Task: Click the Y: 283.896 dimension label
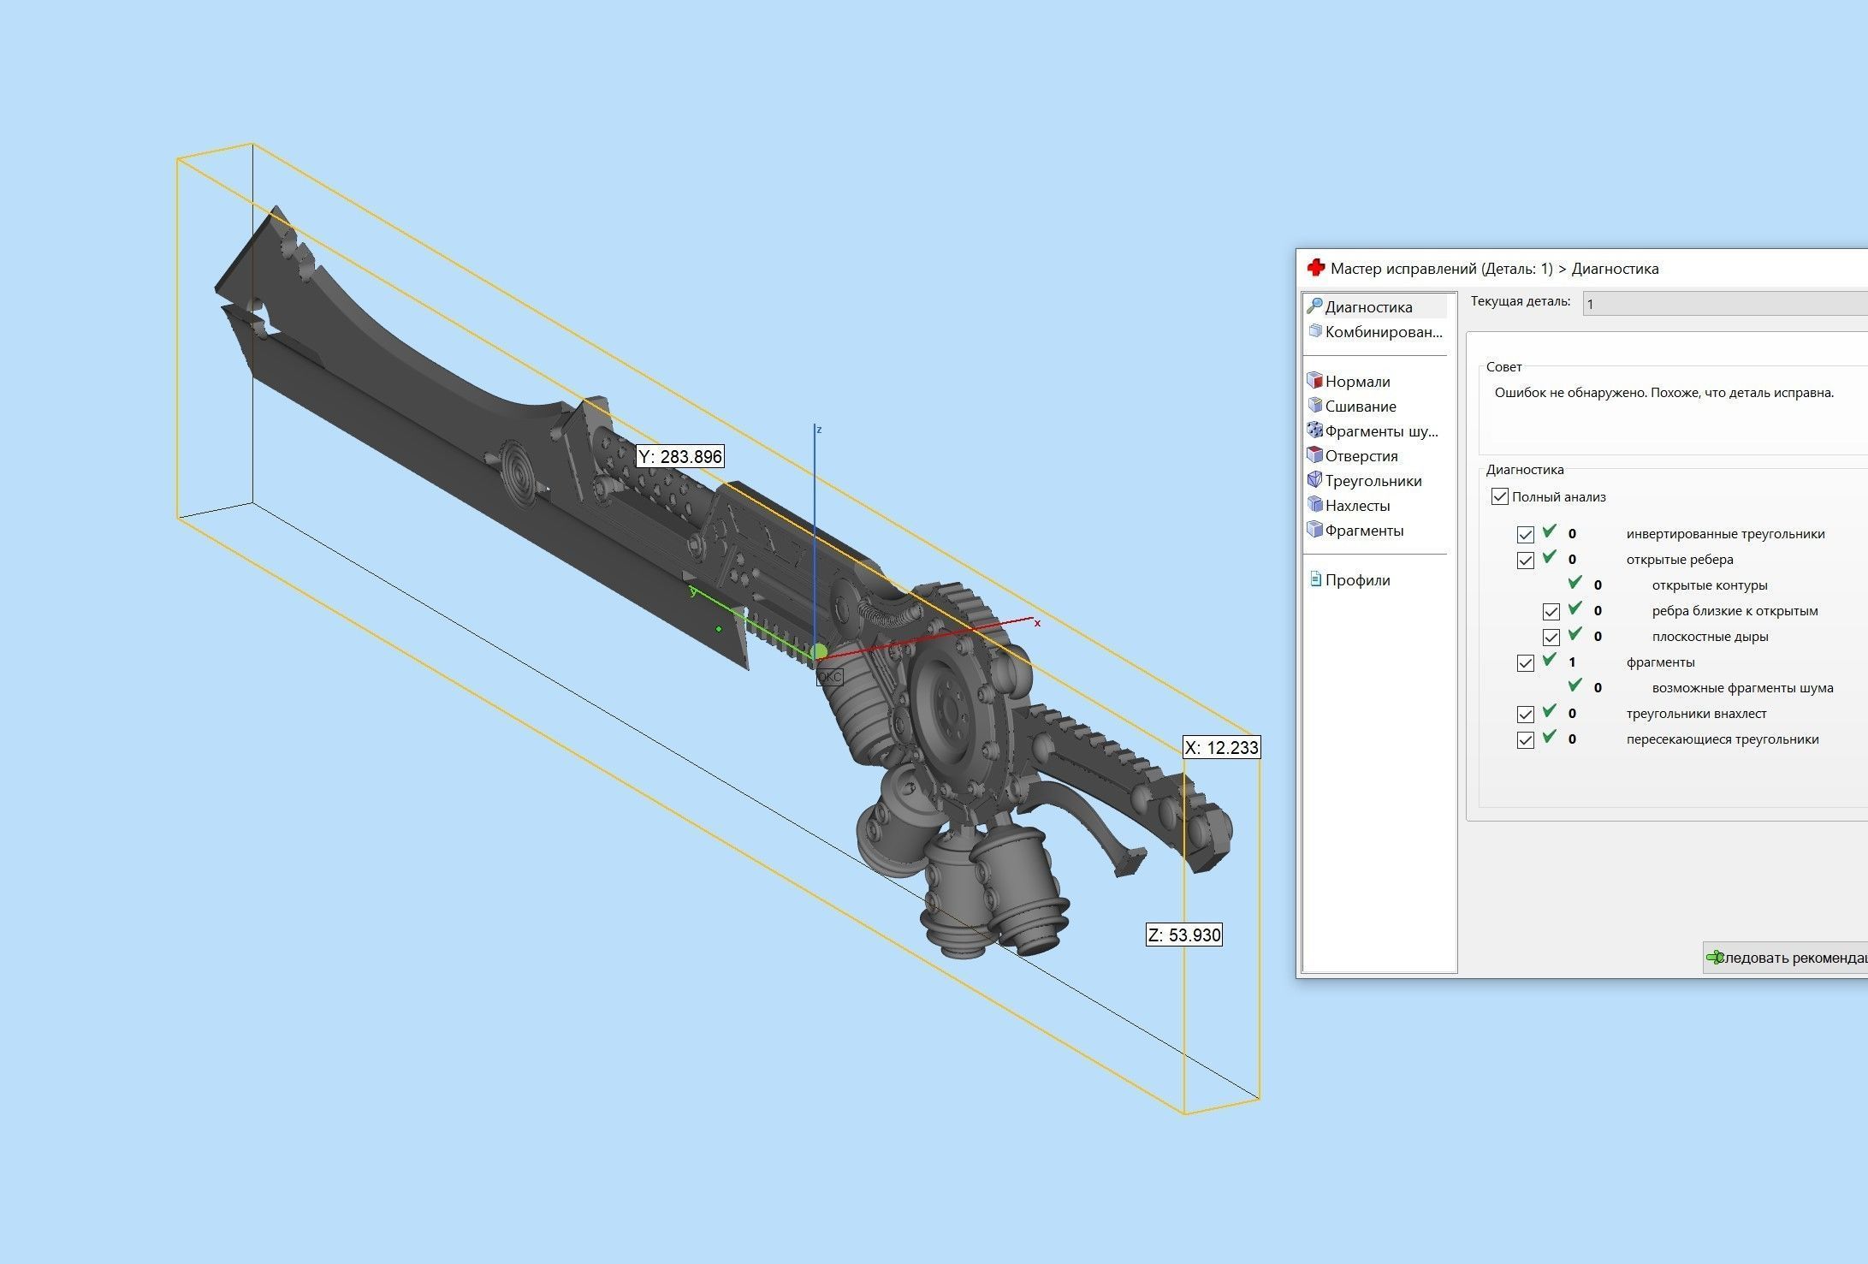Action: coord(680,457)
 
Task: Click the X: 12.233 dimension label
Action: coord(1221,748)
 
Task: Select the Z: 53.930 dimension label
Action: coord(1184,935)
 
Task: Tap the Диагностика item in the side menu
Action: coord(1367,307)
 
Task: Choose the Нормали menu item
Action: coord(1357,382)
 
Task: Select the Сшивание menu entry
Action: coord(1360,406)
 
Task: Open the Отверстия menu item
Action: coord(1361,456)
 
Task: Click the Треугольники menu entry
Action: coord(1373,481)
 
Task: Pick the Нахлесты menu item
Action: coord(1357,506)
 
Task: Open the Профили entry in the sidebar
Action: coord(1357,580)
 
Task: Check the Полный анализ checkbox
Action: coord(1499,496)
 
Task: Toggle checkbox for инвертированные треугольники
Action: coord(1525,535)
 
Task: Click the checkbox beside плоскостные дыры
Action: coord(1551,638)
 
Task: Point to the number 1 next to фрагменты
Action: coord(1572,662)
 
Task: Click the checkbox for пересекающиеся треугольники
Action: coord(1525,740)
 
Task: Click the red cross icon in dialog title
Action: coord(1316,268)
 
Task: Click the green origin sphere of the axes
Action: coord(820,653)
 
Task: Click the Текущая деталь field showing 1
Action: coord(1720,304)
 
